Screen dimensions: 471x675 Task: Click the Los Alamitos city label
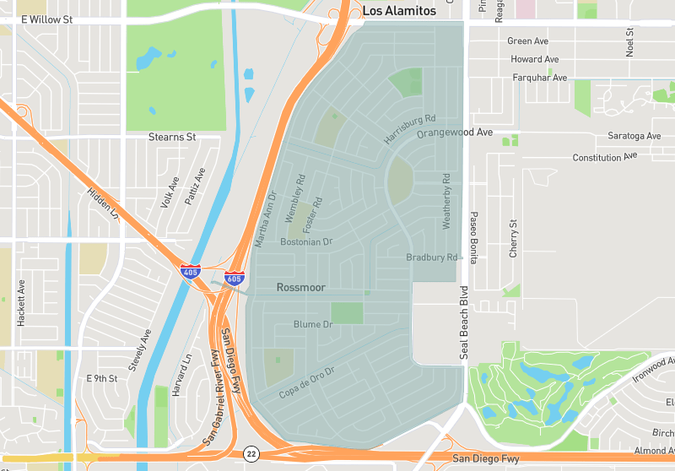(x=399, y=11)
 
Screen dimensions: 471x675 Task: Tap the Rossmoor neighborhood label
(x=301, y=288)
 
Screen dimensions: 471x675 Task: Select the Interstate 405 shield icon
(x=190, y=272)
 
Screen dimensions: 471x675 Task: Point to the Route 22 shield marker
(x=251, y=454)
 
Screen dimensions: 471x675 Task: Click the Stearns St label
(x=172, y=136)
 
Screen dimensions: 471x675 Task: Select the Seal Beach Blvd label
(x=463, y=328)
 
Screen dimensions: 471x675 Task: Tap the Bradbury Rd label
(x=431, y=257)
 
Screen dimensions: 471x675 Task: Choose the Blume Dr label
(x=313, y=324)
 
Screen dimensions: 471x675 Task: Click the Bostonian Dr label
(x=307, y=241)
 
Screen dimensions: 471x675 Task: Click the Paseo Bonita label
(x=474, y=238)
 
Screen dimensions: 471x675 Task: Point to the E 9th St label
(x=101, y=379)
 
